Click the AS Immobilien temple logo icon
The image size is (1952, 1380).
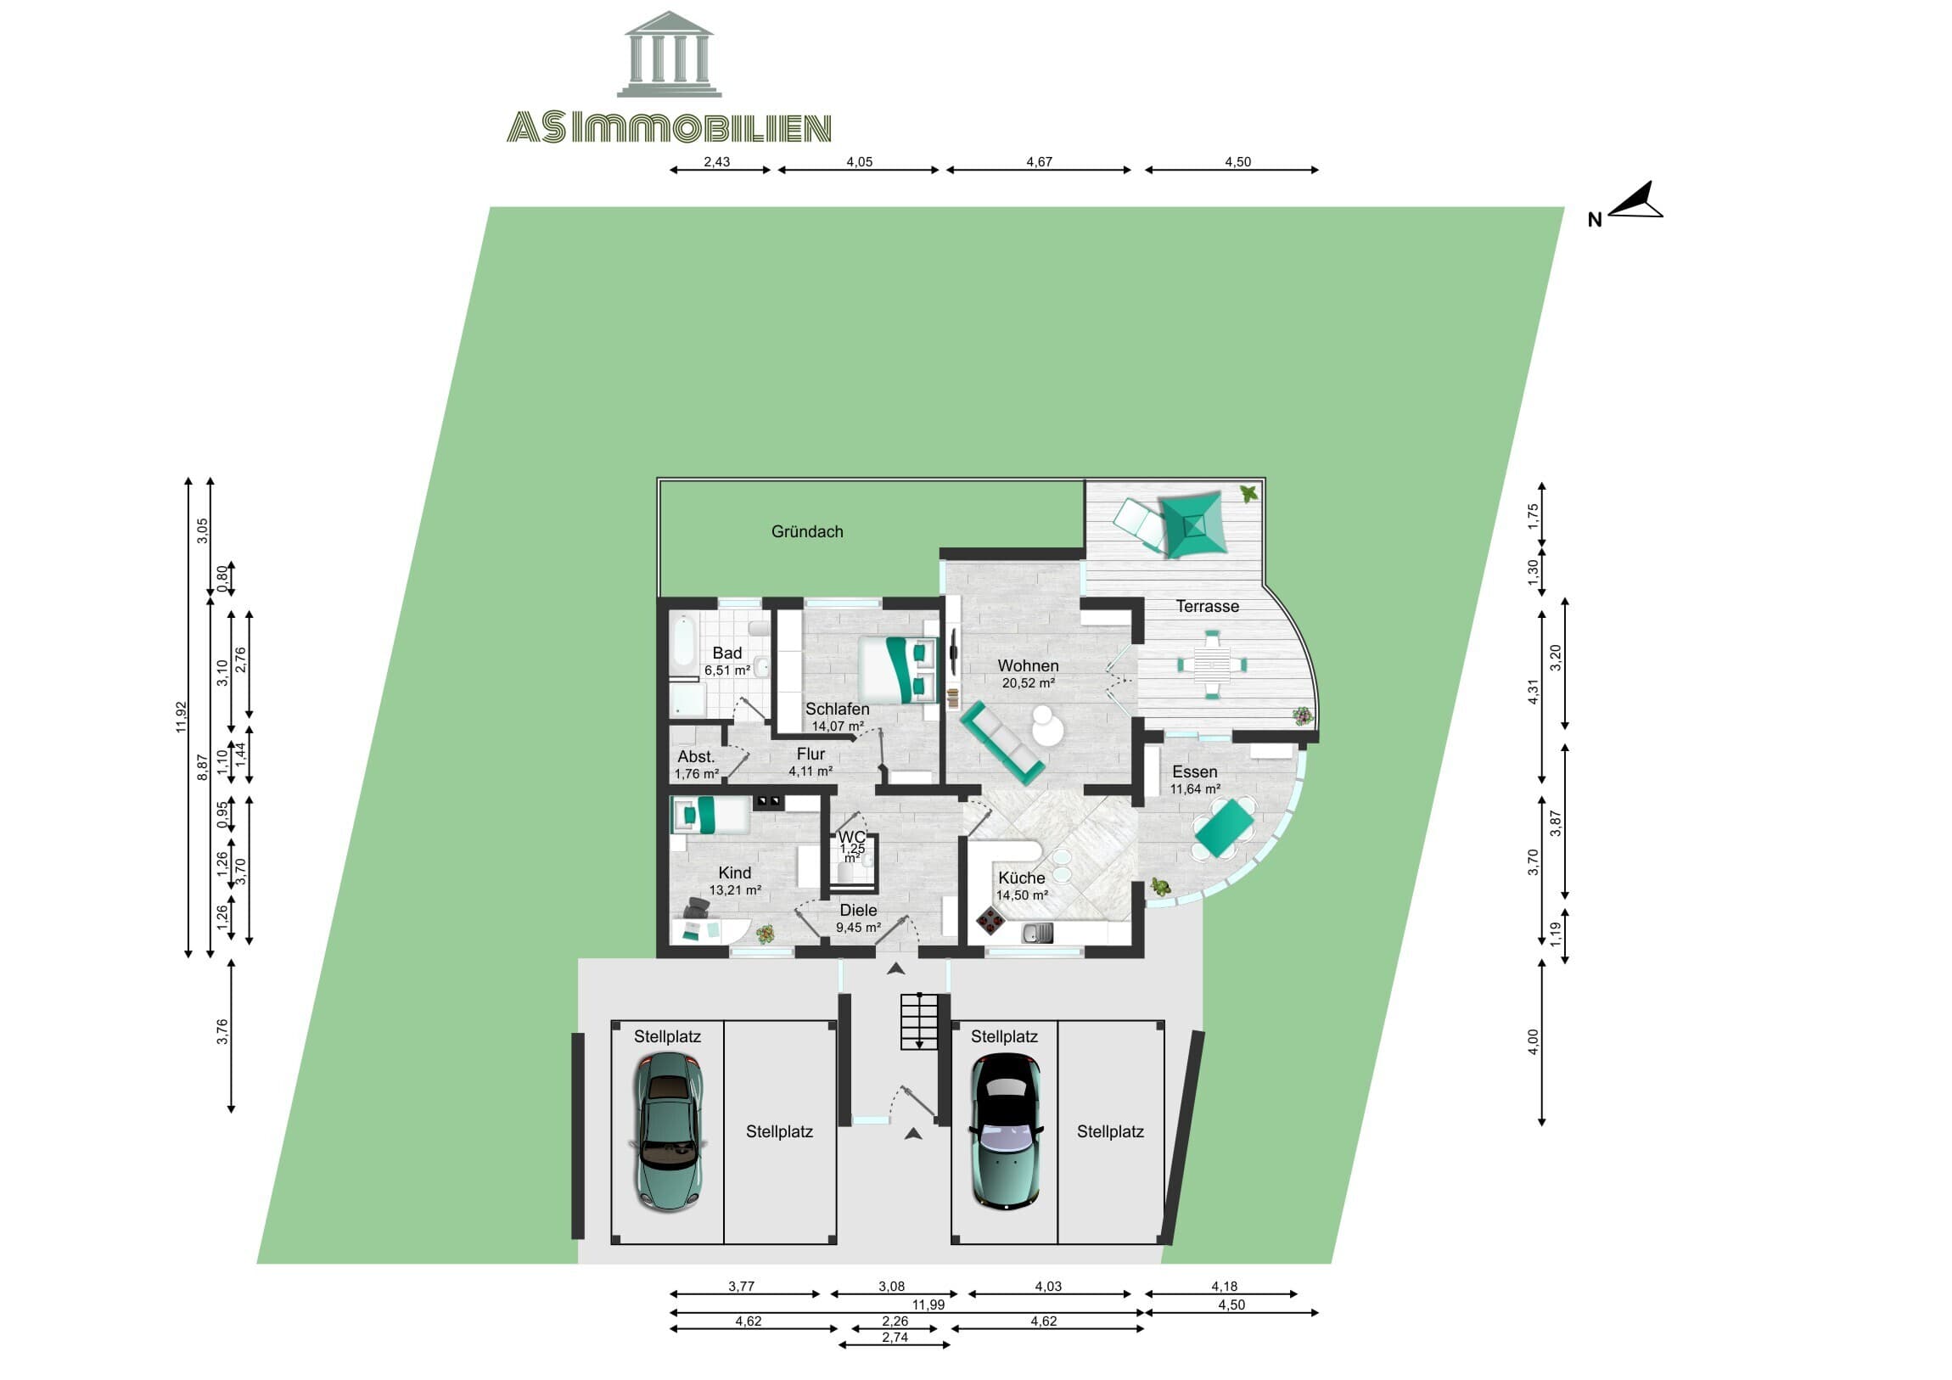[x=669, y=54]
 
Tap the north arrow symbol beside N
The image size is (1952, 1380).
[x=1636, y=202]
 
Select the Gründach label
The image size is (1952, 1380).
[x=807, y=531]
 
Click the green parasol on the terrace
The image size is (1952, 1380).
[x=1192, y=525]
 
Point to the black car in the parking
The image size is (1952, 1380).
[x=1006, y=1130]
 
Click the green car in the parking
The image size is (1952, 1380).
[x=669, y=1130]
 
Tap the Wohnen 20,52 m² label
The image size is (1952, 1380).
[x=1028, y=672]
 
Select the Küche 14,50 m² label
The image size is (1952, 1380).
[x=1021, y=885]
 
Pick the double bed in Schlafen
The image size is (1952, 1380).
[x=897, y=669]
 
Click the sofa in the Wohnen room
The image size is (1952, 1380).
[x=1002, y=741]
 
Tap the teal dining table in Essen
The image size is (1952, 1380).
[x=1225, y=829]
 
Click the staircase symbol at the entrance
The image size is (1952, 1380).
[x=919, y=1020]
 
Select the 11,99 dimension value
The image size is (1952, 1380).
[x=928, y=1304]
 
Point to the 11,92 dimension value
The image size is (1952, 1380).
[x=180, y=717]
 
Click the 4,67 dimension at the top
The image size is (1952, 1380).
[x=1039, y=161]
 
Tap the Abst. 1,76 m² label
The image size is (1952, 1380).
[x=696, y=765]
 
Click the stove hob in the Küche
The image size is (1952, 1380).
[x=990, y=919]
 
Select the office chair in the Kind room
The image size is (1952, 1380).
[x=696, y=907]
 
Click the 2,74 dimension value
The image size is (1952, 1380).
[x=895, y=1337]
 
